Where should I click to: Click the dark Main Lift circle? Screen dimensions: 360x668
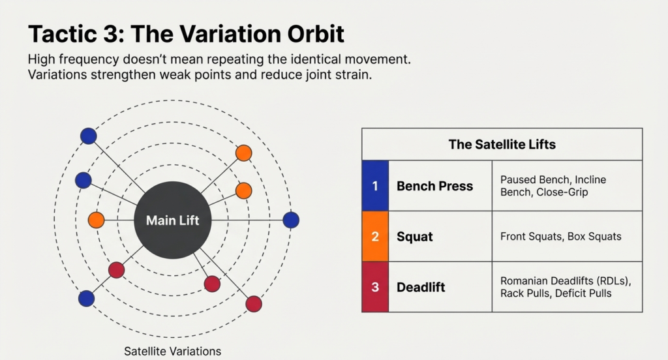[x=172, y=220]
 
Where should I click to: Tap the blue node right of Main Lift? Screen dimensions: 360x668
[x=291, y=220]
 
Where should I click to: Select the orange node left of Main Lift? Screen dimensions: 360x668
[x=96, y=220]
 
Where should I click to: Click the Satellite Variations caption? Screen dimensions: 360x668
[x=173, y=351]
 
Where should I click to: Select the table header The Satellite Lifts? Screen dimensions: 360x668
[x=502, y=144]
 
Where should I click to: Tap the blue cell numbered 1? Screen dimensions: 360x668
[x=375, y=186]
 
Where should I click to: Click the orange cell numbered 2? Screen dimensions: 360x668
[x=375, y=236]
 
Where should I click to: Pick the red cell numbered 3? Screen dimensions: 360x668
[x=375, y=287]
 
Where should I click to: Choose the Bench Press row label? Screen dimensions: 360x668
[x=434, y=186]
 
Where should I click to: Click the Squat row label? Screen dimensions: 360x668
[x=414, y=236]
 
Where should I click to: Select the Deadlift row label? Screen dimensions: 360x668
[x=421, y=287]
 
